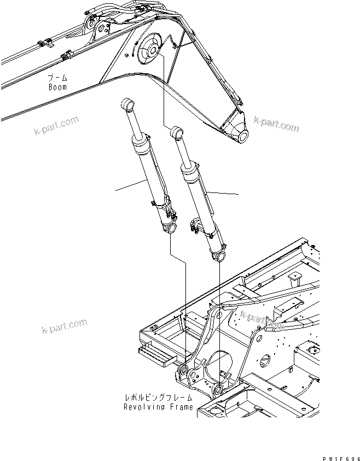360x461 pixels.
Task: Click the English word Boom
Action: (57, 86)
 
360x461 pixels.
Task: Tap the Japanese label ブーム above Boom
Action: (57, 78)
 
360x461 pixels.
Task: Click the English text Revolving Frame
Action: (158, 407)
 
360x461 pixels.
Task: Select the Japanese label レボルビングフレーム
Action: (158, 399)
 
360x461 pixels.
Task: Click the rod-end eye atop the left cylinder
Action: (127, 103)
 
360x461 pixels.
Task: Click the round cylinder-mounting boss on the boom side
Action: (149, 51)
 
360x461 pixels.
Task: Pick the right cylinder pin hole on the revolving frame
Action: (218, 389)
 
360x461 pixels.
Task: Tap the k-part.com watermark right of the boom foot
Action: (276, 124)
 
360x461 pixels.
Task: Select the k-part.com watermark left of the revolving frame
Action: (63, 326)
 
